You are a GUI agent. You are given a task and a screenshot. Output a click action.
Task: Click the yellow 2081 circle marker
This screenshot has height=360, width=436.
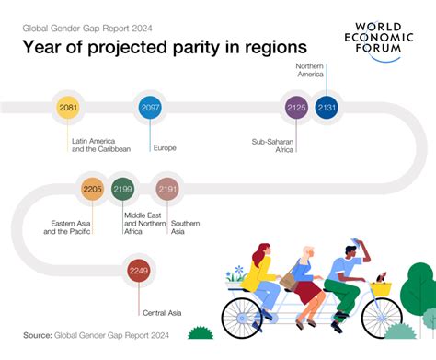pyautogui.click(x=67, y=109)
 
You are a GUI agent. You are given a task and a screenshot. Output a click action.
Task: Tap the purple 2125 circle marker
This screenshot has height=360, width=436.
pyautogui.click(x=296, y=109)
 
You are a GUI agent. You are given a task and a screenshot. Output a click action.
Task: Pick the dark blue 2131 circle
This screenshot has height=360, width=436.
pyautogui.click(x=327, y=109)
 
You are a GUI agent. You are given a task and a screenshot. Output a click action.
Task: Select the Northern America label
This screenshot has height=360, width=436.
pyautogui.click(x=310, y=71)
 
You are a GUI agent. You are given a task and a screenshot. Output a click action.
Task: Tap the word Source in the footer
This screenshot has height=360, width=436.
pyautogui.click(x=37, y=334)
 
